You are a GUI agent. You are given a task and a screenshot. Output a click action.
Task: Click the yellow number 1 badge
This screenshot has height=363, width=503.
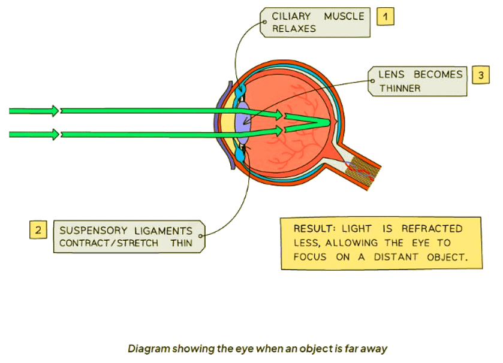tap(385, 17)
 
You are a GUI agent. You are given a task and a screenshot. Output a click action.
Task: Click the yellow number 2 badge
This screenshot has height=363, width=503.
tap(38, 229)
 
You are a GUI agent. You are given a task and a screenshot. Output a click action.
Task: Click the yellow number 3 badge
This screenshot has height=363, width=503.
tap(480, 75)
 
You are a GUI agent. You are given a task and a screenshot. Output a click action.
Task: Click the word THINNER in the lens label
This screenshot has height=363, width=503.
tap(399, 88)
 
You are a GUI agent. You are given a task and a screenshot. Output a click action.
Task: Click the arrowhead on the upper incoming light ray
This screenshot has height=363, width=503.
tap(56, 111)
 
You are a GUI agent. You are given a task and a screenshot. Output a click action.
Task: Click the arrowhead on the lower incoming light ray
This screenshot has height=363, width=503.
tap(56, 135)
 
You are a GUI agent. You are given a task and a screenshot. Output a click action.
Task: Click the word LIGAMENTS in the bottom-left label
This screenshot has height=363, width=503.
tap(164, 231)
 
